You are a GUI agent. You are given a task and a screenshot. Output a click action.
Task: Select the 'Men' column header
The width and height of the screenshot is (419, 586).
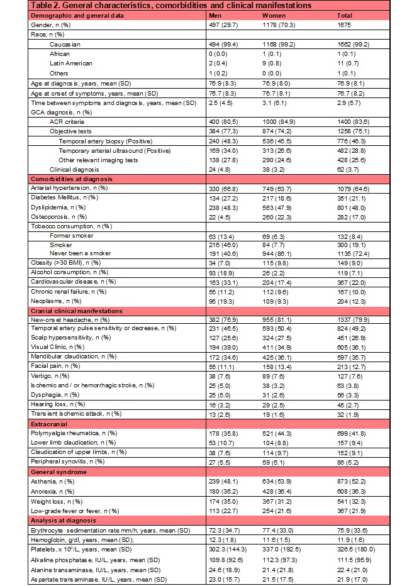[x=215, y=14]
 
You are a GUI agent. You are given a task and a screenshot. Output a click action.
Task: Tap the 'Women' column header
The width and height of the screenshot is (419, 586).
[x=272, y=14]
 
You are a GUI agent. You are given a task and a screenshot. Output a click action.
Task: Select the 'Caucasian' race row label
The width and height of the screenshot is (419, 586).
[x=66, y=45]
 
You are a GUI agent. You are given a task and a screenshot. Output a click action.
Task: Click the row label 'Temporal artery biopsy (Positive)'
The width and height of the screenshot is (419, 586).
[x=106, y=141]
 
